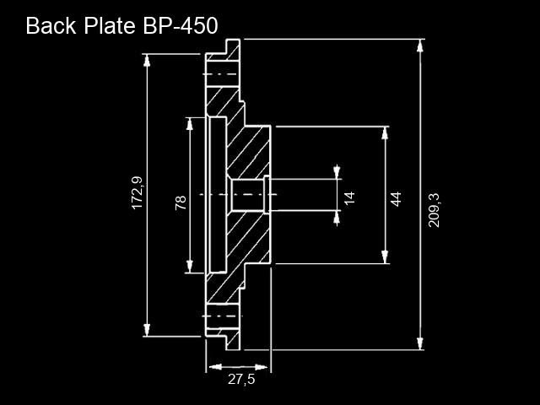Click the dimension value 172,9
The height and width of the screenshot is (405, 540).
137,192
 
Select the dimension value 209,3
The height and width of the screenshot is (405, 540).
434,210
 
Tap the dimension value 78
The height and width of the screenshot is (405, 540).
181,202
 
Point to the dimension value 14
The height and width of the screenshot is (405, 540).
349,197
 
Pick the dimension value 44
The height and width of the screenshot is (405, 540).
396,199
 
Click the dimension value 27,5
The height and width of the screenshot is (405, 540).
241,379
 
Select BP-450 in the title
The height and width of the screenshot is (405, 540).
181,25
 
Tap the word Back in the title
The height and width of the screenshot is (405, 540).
51,25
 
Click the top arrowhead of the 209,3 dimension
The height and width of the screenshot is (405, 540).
420,46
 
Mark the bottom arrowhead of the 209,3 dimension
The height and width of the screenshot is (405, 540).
420,343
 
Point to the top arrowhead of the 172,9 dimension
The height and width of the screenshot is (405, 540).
147,60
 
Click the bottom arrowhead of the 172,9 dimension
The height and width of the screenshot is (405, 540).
147,330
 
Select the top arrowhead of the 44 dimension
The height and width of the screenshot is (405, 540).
385,133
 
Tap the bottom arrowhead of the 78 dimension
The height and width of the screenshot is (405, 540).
189,267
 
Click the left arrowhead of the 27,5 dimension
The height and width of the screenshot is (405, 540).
215,367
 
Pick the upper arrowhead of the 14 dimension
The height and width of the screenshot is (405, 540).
337,173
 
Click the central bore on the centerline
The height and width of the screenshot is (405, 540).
248,195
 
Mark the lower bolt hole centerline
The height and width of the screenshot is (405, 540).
222,316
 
